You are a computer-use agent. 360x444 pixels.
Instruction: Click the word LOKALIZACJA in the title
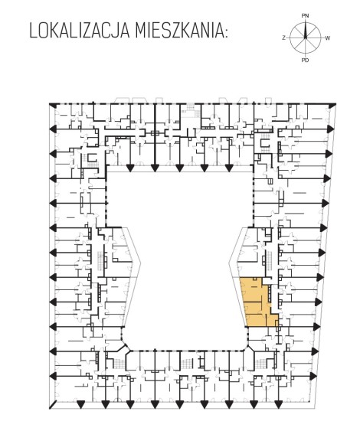(x=80, y=31)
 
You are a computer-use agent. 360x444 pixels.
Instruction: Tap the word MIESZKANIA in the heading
(x=178, y=31)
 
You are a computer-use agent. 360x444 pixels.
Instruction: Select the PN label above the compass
(x=305, y=16)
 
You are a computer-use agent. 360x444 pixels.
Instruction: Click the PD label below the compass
(x=305, y=60)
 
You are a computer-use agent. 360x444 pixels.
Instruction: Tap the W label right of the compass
(x=328, y=38)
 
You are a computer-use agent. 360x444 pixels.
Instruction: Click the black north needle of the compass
(x=306, y=30)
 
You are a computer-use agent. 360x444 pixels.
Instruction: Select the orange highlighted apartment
(x=259, y=303)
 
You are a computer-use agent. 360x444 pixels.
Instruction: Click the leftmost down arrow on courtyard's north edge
(x=130, y=168)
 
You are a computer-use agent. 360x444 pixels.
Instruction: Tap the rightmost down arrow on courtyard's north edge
(x=229, y=168)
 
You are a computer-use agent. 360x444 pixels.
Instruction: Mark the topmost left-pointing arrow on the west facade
(x=53, y=129)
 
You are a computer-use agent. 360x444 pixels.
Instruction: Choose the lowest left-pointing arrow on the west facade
(x=53, y=376)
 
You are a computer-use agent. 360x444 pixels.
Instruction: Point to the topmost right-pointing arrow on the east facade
(x=330, y=129)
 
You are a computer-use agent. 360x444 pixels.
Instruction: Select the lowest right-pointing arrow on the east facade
(x=313, y=376)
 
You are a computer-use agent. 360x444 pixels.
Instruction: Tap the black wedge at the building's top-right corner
(x=332, y=106)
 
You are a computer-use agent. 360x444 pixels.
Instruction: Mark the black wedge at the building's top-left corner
(x=53, y=106)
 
